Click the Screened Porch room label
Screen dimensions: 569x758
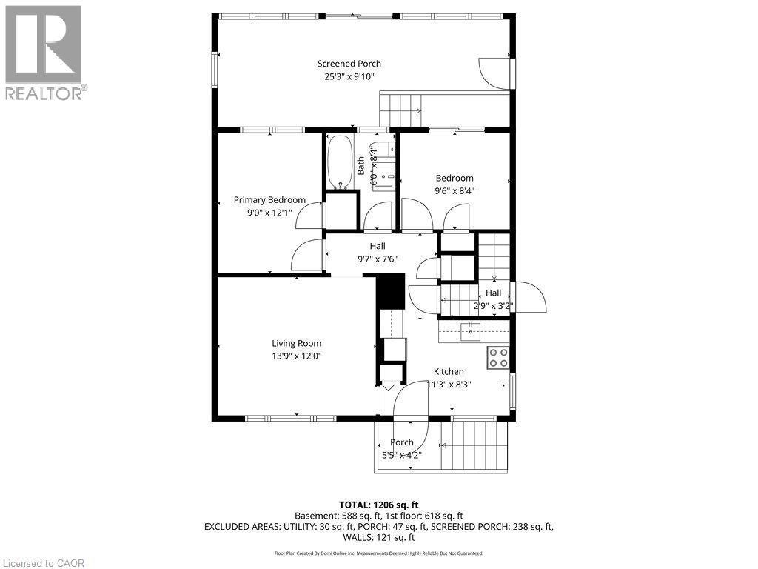[x=349, y=64]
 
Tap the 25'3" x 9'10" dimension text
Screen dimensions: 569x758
[x=349, y=76]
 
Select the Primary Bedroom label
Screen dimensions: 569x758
[x=269, y=200]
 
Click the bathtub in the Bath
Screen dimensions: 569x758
[x=341, y=161]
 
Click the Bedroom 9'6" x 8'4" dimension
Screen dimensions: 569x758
[x=454, y=190]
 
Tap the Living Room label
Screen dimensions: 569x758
[x=296, y=343]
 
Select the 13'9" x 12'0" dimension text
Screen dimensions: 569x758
[x=296, y=356]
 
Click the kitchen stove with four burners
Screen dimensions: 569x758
[x=498, y=358]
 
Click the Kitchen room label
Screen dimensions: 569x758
[x=449, y=372]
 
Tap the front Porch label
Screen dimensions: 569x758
[x=401, y=442]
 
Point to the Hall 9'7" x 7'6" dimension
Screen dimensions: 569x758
[x=378, y=259]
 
